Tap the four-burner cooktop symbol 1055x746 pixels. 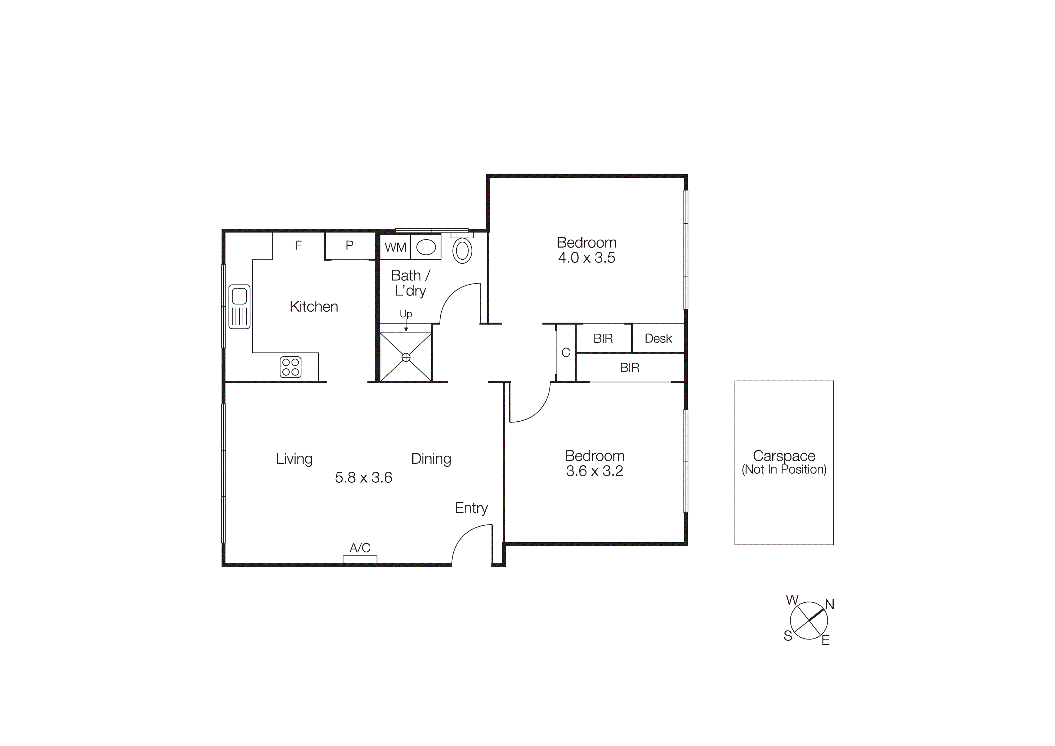coord(291,367)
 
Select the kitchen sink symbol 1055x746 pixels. coord(239,307)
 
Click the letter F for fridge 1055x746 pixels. coord(298,246)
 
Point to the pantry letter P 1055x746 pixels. coord(349,246)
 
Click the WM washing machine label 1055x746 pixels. coord(395,247)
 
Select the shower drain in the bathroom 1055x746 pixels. coord(406,357)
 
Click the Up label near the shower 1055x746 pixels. coord(406,314)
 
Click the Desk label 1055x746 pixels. coord(658,339)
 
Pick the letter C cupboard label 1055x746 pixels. coord(566,353)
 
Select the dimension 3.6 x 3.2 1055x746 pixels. coord(594,471)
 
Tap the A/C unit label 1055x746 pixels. coord(360,548)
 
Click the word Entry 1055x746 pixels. coord(471,508)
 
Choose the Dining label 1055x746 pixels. coord(431,459)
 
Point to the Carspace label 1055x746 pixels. coord(784,456)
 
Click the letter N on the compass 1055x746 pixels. coord(829,605)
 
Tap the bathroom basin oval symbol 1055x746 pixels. coord(426,247)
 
